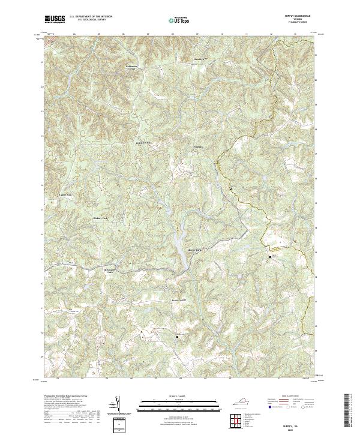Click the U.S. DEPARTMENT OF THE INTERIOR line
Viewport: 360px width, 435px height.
(x=91, y=16)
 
